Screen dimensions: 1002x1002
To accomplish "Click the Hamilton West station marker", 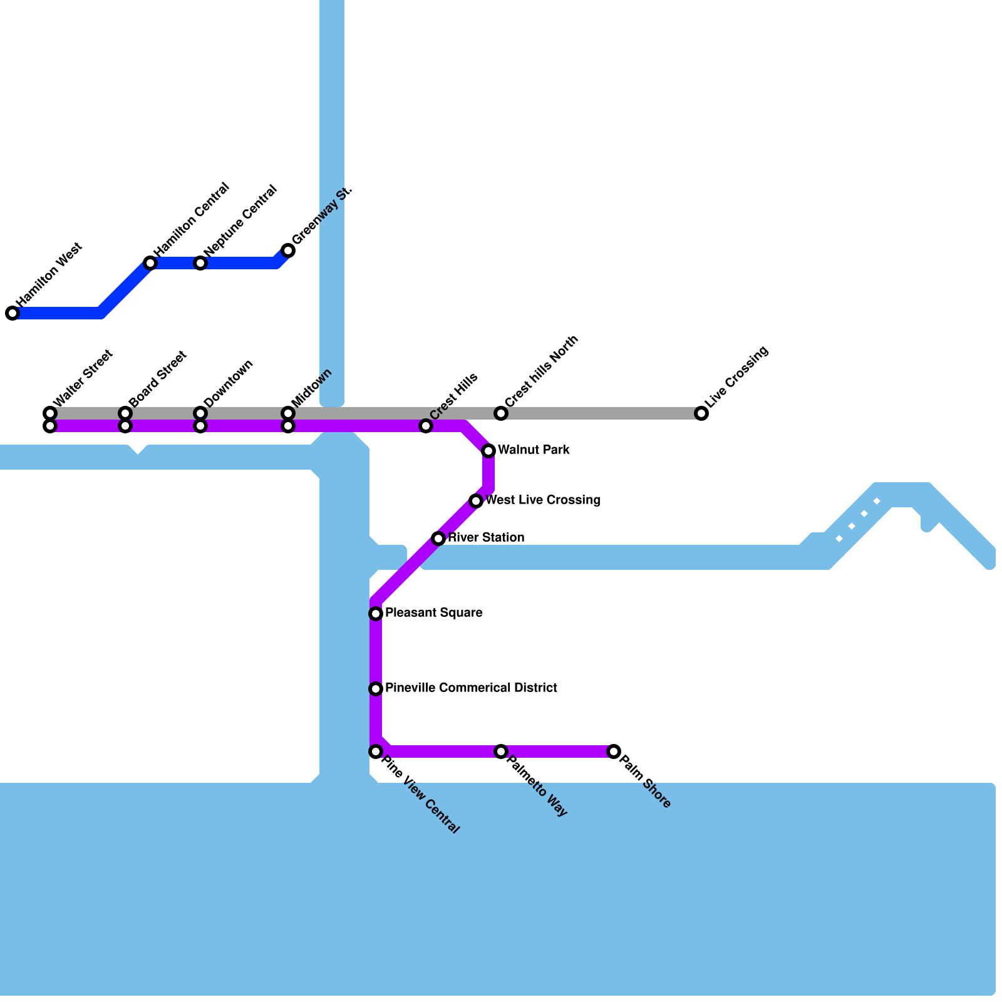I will pyautogui.click(x=13, y=313).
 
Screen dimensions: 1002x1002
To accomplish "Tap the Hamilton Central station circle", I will pyautogui.click(x=150, y=263).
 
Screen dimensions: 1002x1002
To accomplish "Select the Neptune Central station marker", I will pyautogui.click(x=200, y=263).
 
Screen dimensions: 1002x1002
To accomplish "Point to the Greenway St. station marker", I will pyautogui.click(x=288, y=250).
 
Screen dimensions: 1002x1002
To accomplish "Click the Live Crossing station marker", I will pyautogui.click(x=701, y=413).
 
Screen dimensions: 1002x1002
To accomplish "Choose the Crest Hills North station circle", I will pyautogui.click(x=501, y=413).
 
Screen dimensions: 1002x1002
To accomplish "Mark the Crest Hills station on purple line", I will pyautogui.click(x=426, y=426).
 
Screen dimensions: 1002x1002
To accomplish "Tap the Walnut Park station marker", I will pyautogui.click(x=488, y=451).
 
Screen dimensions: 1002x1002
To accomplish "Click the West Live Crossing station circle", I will pyautogui.click(x=476, y=501).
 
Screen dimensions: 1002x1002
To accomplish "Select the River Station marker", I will pyautogui.click(x=438, y=539).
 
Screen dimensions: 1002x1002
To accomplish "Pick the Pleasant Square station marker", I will pyautogui.click(x=376, y=614).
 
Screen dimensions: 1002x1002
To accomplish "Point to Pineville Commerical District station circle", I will pyautogui.click(x=376, y=689).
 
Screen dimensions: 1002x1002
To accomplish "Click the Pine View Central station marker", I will pyautogui.click(x=376, y=751).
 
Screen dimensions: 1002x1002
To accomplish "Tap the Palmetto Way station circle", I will pyautogui.click(x=501, y=751).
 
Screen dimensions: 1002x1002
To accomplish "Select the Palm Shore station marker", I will pyautogui.click(x=614, y=751).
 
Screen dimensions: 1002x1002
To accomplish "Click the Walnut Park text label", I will pyautogui.click(x=534, y=450).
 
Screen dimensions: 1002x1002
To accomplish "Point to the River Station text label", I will pyautogui.click(x=486, y=538).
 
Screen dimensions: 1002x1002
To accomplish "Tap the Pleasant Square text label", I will pyautogui.click(x=434, y=613).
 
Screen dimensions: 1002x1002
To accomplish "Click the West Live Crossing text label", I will pyautogui.click(x=543, y=500).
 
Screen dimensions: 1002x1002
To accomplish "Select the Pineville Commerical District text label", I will pyautogui.click(x=471, y=688).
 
